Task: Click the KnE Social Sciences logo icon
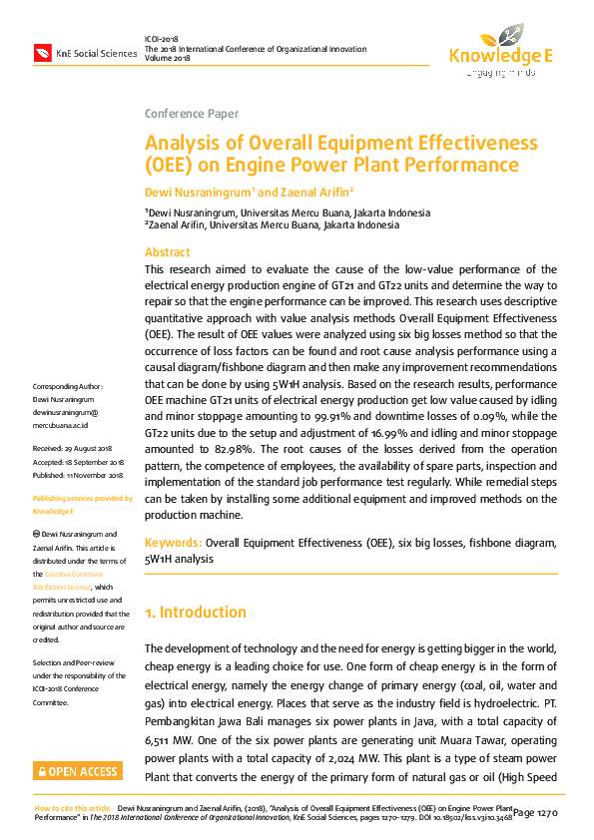coord(42,52)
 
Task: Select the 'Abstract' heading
coord(167,252)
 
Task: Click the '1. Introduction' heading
coord(196,612)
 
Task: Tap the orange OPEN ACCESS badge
coord(77,771)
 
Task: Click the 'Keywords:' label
coord(174,542)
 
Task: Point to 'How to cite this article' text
coord(73,808)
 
